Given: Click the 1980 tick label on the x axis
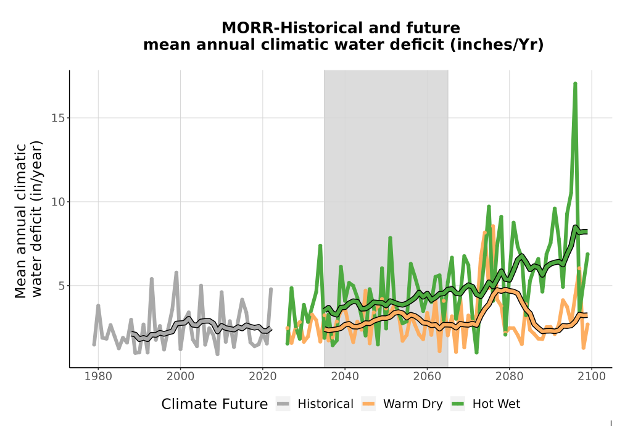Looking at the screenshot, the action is [x=98, y=376].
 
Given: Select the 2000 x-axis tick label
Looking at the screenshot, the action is [x=180, y=376].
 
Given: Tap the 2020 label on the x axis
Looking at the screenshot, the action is [x=262, y=376].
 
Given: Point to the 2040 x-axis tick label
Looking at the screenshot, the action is [x=345, y=376].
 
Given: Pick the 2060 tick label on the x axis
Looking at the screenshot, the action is [x=427, y=376].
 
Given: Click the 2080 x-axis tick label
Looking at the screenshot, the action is [x=509, y=376].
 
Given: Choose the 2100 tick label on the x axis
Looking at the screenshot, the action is [x=592, y=376].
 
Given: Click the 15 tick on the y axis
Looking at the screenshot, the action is [x=58, y=118].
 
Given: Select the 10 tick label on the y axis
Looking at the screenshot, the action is [x=58, y=202].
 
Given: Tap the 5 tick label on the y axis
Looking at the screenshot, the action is [x=61, y=286].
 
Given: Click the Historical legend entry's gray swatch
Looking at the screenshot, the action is [x=283, y=404].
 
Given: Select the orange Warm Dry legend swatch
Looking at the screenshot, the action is [x=368, y=404].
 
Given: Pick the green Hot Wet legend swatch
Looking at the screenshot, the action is [x=458, y=404].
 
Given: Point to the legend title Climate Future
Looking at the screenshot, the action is [x=215, y=404].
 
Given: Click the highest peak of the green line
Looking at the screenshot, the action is [x=575, y=83].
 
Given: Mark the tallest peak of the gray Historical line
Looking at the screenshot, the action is [x=176, y=272].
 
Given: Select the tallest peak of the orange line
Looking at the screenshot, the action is [x=492, y=226].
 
